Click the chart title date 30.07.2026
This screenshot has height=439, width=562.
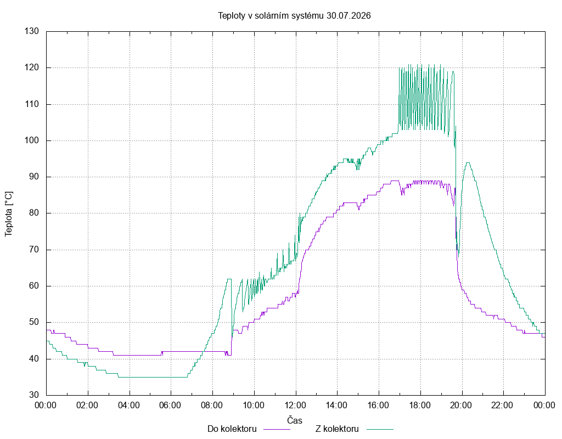pos(349,16)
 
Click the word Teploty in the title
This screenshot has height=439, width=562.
pos(232,16)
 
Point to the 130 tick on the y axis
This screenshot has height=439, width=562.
pos(31,31)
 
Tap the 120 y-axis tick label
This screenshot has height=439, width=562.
pos(31,67)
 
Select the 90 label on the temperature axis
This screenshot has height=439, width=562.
pos(33,177)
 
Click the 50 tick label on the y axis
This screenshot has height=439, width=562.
pos(33,323)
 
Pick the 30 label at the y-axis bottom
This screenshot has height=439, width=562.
pos(33,395)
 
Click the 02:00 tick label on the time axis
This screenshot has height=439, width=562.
pos(87,406)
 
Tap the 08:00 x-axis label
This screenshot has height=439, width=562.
pos(212,406)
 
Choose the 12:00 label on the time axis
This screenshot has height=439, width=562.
pos(295,406)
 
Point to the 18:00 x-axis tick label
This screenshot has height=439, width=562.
pos(420,406)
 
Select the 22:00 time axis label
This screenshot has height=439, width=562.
pos(503,406)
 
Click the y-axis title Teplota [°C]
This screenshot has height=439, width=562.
pos(9,215)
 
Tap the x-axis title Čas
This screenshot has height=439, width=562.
pos(295,420)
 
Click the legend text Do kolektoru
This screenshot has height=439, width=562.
pos(232,429)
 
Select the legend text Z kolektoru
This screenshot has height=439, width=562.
pos(337,429)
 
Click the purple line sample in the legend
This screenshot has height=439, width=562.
pos(277,429)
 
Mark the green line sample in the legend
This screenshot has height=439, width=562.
pos(380,429)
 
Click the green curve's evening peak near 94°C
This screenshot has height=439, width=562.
pos(468,162)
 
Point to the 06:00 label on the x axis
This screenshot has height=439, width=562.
pos(170,406)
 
